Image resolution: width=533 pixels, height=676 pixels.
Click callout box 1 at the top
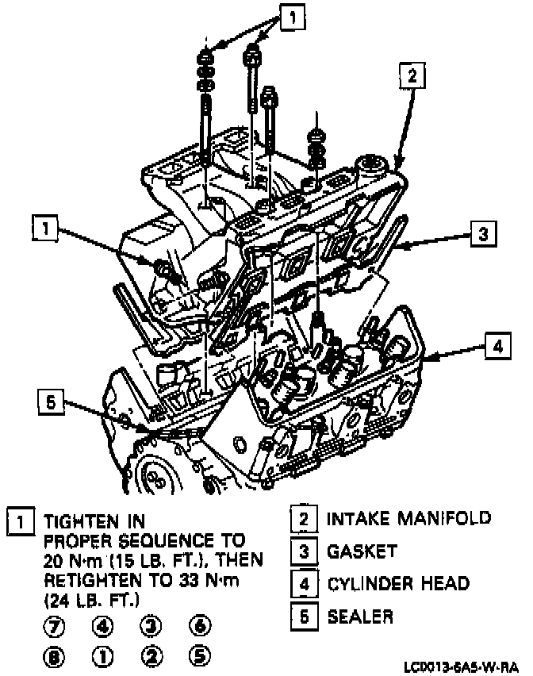click(x=292, y=17)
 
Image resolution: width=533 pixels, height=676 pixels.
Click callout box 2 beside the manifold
click(x=411, y=76)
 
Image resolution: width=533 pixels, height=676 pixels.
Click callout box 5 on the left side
click(x=51, y=403)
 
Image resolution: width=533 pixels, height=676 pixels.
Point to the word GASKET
click(x=362, y=551)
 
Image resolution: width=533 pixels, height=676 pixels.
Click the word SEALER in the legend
click(x=361, y=616)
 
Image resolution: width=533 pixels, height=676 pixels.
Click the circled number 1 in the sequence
click(x=104, y=657)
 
